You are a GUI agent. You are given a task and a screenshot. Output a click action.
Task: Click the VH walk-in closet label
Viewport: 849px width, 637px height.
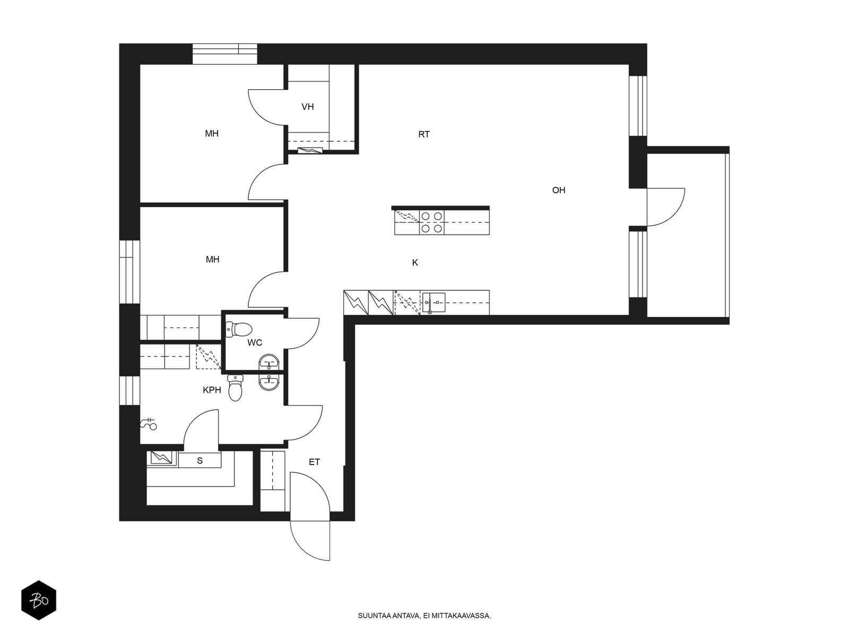[x=307, y=107]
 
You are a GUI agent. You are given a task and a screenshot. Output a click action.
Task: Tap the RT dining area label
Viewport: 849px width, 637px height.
[x=424, y=135]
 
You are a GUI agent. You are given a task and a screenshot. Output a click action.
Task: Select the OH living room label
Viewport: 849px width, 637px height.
[x=559, y=190]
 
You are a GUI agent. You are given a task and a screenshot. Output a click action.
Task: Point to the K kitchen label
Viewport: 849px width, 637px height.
[x=415, y=263]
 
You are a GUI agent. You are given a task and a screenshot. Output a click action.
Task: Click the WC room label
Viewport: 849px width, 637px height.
[x=255, y=343]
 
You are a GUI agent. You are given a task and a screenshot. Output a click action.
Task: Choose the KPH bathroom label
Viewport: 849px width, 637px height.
[x=212, y=390]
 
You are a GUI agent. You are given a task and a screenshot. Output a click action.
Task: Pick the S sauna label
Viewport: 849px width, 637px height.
[x=200, y=461]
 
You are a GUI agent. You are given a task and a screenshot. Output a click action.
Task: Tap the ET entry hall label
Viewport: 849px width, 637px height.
[x=314, y=462]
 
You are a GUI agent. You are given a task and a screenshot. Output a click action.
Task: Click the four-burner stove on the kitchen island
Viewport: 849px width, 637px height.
[x=431, y=222]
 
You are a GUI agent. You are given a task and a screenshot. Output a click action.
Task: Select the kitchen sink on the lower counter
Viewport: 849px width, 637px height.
[x=434, y=303]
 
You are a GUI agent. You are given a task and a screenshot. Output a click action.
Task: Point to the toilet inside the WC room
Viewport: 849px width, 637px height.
[x=239, y=330]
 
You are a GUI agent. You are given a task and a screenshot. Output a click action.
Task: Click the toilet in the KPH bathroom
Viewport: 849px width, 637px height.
[x=235, y=388]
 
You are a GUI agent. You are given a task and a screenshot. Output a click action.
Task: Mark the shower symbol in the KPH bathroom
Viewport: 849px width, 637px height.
[x=149, y=424]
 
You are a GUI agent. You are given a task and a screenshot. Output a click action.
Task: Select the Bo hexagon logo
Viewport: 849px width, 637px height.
[x=39, y=600]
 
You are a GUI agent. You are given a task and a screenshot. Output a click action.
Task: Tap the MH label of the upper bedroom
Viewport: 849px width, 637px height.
[x=212, y=134]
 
